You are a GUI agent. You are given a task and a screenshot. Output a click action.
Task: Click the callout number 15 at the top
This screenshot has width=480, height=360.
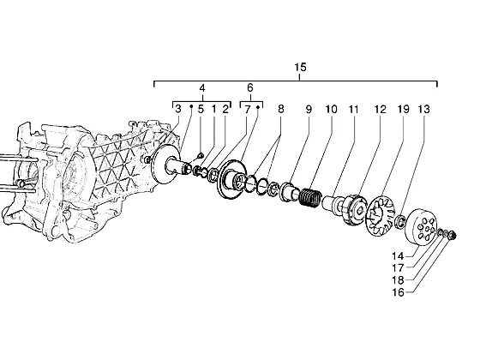300,67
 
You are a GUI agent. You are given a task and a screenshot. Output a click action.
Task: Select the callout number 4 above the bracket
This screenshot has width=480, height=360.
202,88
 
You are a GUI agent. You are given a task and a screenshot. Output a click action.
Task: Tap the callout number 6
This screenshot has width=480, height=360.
250,87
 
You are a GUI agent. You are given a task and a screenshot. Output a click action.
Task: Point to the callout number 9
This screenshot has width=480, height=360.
309,109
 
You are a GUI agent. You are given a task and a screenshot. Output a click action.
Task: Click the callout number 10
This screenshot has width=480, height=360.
331,109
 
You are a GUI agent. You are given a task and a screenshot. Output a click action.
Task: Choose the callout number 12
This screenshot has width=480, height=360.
381,109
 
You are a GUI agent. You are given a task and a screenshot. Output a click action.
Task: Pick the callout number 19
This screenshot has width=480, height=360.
403,109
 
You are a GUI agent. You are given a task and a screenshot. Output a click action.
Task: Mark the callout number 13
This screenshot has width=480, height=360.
424,109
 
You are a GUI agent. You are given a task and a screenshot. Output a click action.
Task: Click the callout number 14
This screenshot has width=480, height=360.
398,255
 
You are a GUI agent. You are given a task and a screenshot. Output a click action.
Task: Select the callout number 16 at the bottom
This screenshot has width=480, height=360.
398,292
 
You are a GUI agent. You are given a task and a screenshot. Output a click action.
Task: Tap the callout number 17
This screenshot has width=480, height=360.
398,267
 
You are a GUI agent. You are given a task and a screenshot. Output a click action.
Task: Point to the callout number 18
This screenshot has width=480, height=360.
398,280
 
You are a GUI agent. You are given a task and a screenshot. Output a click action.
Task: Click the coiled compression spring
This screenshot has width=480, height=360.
309,197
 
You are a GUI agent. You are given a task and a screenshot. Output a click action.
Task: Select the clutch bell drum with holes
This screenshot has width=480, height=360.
421,227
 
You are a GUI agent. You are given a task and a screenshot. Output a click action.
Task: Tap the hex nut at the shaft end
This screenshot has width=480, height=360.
453,236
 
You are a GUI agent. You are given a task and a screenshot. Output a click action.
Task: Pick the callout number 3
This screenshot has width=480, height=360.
178,109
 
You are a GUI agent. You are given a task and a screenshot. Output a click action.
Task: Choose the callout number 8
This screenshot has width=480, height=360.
281,109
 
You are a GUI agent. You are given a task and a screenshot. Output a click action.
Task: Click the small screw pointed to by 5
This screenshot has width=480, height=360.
201,156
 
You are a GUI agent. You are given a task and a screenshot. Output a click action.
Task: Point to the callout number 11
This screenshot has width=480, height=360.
353,109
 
